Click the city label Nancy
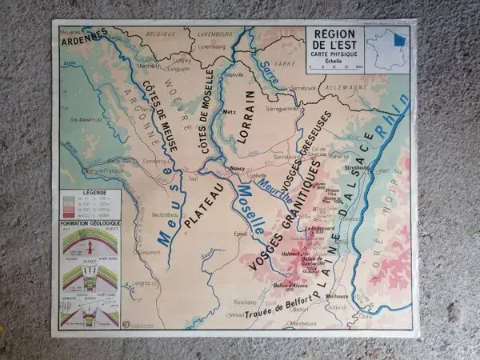(236, 169)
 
